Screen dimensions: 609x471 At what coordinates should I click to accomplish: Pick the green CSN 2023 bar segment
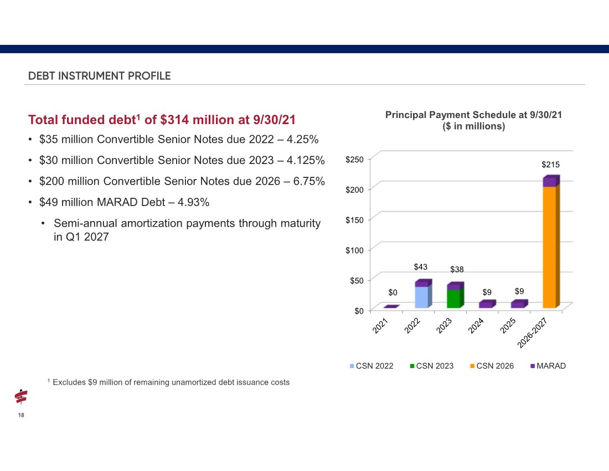[455, 298]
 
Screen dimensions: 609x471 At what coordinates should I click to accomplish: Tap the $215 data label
[550, 165]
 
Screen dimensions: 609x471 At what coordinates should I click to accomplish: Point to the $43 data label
[420, 267]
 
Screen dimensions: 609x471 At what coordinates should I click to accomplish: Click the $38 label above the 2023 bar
[457, 269]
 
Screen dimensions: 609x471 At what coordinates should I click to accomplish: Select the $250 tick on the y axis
[354, 160]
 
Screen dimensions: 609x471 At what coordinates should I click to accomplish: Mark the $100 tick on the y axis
[354, 250]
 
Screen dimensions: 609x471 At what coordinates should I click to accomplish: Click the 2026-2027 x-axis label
[532, 332]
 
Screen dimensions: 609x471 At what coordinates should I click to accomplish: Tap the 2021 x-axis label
[380, 325]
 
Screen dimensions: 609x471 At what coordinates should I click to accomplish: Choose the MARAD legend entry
[548, 366]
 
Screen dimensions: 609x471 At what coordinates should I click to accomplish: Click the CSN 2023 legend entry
[431, 366]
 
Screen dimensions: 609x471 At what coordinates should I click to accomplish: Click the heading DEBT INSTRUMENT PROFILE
[100, 76]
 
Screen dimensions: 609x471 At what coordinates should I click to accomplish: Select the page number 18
[21, 415]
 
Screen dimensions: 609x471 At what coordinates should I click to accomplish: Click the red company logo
[21, 396]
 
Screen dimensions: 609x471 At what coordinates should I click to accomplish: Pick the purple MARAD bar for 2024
[487, 304]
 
